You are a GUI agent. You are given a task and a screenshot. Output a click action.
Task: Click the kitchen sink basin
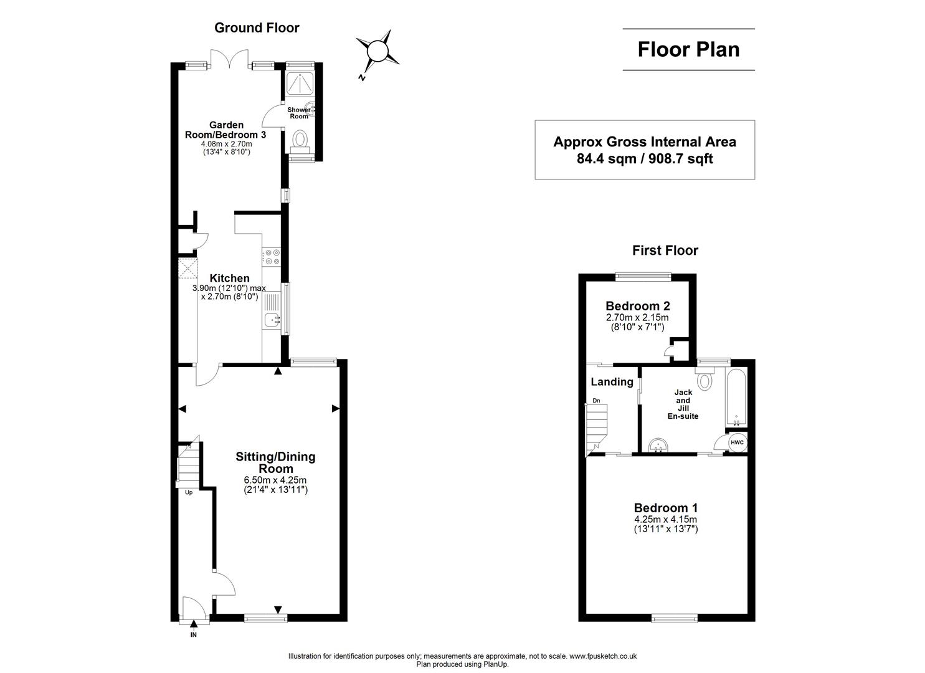[271, 320]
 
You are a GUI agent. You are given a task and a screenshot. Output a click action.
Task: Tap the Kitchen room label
[229, 279]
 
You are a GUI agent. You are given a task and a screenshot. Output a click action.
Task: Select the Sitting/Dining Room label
[275, 462]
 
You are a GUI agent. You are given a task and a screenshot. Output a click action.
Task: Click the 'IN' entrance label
[193, 635]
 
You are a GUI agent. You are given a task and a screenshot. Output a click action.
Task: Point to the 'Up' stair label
[188, 492]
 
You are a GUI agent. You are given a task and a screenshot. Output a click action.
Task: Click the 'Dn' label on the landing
[596, 401]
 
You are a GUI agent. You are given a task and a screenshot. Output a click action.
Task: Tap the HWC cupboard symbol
[737, 442]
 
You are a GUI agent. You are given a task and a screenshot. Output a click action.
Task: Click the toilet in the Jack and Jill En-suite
[704, 379]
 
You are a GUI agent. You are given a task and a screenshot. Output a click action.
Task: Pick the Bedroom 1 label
[665, 507]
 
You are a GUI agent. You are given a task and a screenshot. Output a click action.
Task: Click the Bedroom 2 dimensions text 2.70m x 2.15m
[637, 318]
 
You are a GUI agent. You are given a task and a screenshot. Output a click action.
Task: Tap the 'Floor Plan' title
[688, 49]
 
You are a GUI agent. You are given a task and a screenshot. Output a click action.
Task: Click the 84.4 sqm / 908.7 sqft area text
[645, 159]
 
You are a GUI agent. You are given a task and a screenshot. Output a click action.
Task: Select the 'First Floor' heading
[665, 251]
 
